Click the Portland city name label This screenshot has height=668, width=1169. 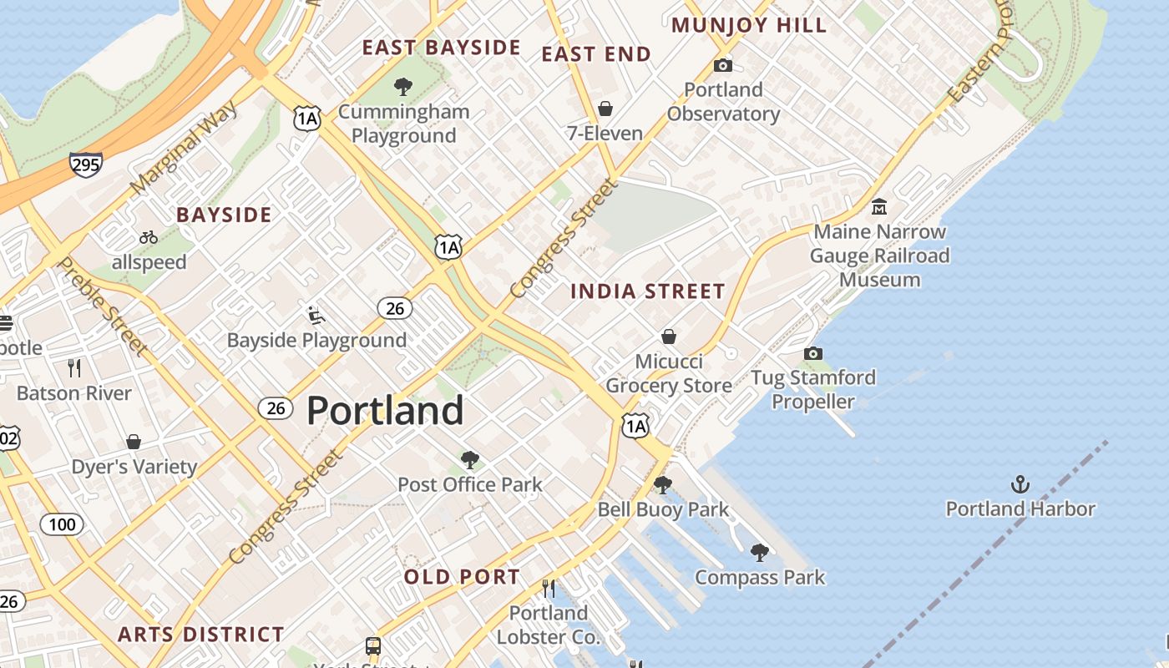click(385, 411)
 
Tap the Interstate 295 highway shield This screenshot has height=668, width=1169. click(86, 164)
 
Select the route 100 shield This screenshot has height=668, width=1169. click(63, 524)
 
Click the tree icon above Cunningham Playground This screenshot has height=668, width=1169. click(403, 86)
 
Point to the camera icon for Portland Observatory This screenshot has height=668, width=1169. click(723, 65)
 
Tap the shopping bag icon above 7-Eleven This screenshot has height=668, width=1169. click(605, 109)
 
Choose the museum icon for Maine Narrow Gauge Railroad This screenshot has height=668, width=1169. click(878, 206)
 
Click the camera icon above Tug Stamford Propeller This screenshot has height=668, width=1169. click(812, 353)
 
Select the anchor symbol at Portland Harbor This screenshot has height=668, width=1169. click(1020, 483)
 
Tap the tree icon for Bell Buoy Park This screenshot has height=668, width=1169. click(663, 484)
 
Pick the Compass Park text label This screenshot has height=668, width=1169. click(760, 577)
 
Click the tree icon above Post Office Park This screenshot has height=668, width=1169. click(470, 459)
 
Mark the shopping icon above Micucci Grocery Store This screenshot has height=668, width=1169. click(669, 337)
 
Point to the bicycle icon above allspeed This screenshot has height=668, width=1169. click(149, 237)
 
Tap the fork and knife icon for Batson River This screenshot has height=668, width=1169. click(74, 367)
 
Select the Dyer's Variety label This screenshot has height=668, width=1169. click(134, 466)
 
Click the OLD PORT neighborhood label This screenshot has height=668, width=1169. click(462, 576)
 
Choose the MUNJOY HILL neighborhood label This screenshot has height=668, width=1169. click(748, 25)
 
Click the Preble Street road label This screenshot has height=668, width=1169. click(103, 305)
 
